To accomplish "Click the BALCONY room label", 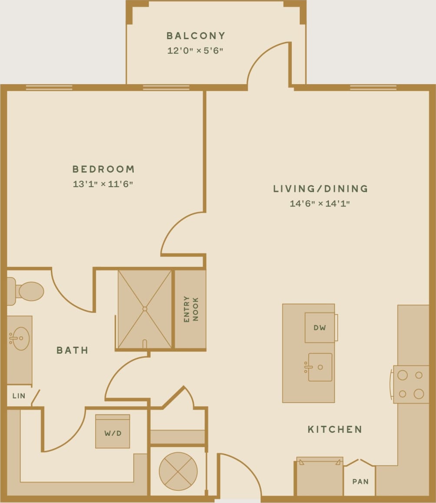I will point(196,36).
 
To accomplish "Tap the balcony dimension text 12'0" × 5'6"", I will point(195,51).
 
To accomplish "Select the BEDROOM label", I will point(103,169).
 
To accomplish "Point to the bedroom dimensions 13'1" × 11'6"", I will point(103,184).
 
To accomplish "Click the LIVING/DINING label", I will point(320,189).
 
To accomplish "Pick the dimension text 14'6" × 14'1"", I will point(320,204).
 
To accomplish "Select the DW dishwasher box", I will point(320,328).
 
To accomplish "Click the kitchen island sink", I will point(320,367).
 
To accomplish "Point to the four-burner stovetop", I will point(411,385).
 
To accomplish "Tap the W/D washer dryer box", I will point(112,432).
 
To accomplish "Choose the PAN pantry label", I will point(360,482).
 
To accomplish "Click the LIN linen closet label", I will point(19,396).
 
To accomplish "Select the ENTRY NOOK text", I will point(191,309).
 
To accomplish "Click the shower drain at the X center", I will point(145,309).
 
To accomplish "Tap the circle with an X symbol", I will point(178,471).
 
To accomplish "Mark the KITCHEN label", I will point(335,430).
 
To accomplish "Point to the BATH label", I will point(73,350).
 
